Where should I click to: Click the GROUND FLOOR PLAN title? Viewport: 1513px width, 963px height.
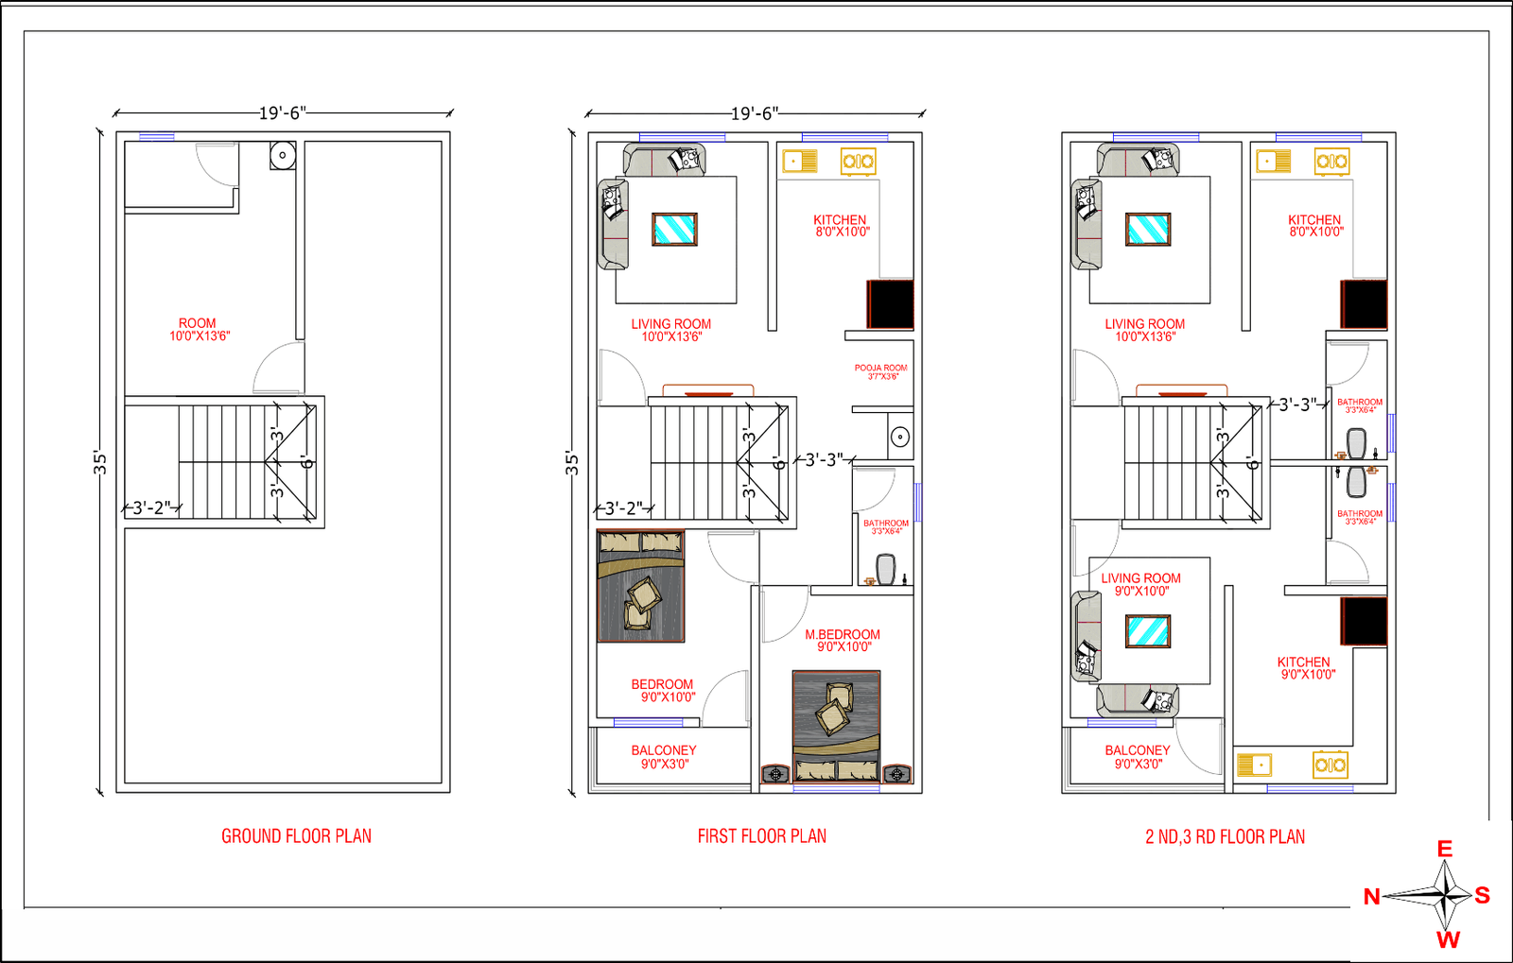[296, 836]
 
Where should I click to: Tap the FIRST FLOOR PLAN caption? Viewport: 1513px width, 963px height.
[761, 836]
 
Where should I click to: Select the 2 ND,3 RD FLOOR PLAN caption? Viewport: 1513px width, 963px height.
[1225, 836]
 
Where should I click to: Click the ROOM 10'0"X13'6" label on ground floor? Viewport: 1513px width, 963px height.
[199, 329]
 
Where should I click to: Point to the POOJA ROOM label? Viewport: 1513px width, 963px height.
[881, 371]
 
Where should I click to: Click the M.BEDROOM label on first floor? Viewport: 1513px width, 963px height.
[843, 641]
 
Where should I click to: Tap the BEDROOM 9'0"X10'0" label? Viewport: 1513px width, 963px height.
[664, 691]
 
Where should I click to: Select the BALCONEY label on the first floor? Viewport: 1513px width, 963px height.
[664, 757]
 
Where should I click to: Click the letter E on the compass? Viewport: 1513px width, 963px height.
[1445, 849]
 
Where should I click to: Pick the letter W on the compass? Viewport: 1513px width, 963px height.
[1448, 939]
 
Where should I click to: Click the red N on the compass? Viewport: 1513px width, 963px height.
[1371, 897]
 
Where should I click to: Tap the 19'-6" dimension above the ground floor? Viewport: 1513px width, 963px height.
[282, 113]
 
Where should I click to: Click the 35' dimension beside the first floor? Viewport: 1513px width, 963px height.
[571, 462]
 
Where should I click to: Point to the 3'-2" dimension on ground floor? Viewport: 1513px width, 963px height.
[151, 507]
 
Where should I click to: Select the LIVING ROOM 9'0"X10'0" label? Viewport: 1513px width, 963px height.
[1140, 584]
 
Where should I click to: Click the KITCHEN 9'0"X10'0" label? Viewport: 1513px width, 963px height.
[1305, 668]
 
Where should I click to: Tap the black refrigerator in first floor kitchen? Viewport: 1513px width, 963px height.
[891, 304]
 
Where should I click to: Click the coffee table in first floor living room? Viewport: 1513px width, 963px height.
[674, 229]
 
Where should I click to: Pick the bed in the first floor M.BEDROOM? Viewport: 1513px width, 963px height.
[836, 726]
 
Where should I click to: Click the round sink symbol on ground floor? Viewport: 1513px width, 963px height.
[282, 155]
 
